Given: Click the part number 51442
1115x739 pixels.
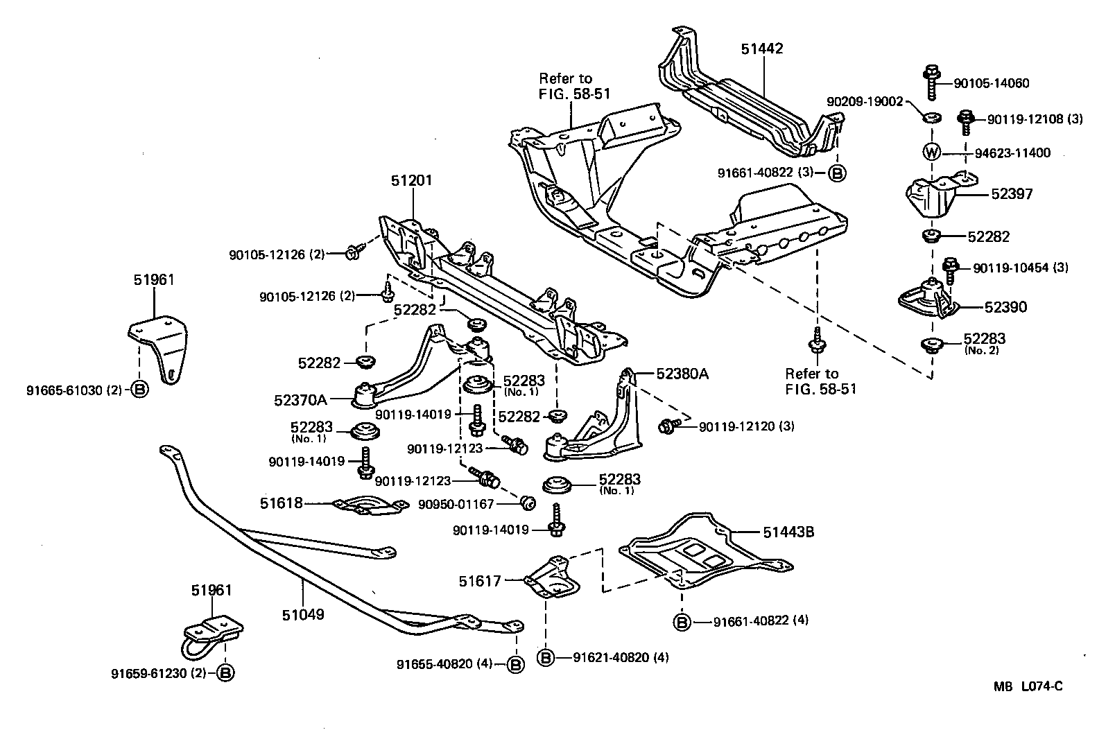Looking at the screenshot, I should pos(761,49).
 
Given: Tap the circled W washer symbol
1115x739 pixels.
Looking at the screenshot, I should pos(931,152).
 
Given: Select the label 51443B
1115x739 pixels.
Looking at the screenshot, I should pos(788,532).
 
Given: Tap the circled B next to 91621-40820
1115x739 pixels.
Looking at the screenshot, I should pos(546,657).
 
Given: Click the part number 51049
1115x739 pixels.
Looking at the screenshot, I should pos(303,614).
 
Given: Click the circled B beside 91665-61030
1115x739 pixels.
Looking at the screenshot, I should pos(139,390).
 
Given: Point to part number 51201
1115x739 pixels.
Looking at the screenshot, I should pos(411,181).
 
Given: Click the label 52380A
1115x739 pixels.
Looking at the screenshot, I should pos(682,374).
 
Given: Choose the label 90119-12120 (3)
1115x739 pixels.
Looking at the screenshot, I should pos(746,426).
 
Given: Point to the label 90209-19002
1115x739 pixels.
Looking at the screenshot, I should pos(865,102).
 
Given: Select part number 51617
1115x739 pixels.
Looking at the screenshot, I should pos(479,581).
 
